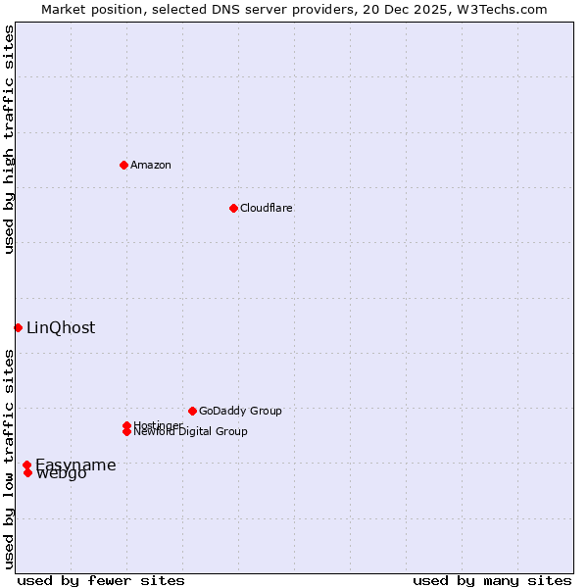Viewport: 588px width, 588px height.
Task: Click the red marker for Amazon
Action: tap(123, 165)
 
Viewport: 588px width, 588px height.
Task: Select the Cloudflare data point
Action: tap(233, 208)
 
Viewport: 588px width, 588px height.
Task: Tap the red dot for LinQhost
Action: tap(18, 327)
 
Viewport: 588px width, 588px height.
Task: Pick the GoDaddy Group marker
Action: tap(192, 411)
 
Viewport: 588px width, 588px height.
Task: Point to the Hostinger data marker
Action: tap(126, 425)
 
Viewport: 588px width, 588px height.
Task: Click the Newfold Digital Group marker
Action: tap(126, 431)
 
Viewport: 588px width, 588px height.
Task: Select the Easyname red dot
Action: tap(26, 465)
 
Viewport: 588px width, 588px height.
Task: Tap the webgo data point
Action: tap(27, 472)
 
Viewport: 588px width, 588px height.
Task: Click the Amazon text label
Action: tap(150, 165)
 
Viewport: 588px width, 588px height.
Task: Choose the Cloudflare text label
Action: tap(266, 208)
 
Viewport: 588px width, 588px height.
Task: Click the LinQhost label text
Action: tap(61, 328)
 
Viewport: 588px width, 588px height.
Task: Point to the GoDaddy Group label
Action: tap(240, 411)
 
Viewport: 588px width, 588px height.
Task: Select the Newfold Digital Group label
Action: tap(190, 432)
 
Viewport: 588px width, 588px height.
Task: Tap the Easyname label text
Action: tap(76, 465)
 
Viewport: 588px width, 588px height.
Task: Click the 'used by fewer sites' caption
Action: tap(101, 580)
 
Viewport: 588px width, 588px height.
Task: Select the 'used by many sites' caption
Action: tap(492, 580)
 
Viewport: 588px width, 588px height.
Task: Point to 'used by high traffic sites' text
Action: tap(10, 139)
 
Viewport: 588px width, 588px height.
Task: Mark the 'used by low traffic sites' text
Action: tap(10, 459)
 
